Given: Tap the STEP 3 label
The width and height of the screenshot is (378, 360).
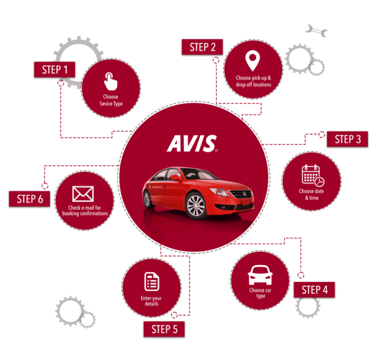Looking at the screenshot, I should (347, 139).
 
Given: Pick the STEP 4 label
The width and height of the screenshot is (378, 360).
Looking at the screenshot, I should (314, 290).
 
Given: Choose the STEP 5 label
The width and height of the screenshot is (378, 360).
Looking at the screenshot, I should (164, 329).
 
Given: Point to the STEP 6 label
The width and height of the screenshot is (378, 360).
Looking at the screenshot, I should (30, 199).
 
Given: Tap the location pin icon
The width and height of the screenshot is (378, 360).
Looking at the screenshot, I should (252, 62).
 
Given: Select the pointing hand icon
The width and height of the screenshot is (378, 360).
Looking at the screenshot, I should (110, 81).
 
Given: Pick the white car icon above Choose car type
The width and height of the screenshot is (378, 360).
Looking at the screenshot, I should (260, 274).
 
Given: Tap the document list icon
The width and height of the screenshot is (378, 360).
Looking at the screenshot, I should (151, 281).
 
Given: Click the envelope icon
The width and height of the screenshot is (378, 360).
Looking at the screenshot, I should (83, 194).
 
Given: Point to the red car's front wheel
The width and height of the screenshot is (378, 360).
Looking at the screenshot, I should (196, 205).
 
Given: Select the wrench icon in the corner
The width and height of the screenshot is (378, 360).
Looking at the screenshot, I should (316, 30).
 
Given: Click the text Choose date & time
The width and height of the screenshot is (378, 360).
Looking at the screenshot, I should (311, 194).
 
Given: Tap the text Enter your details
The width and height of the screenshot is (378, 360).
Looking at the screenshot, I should (151, 301).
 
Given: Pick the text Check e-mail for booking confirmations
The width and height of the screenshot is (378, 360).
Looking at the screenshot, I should (84, 211).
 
